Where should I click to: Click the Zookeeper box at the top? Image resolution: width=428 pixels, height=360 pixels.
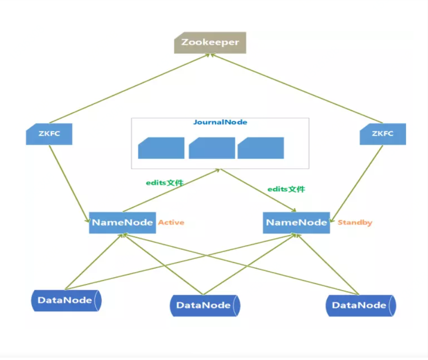pos(210,43)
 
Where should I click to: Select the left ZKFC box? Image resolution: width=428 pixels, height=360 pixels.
pos(49,134)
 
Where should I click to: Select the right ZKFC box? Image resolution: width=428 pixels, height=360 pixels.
pos(383,134)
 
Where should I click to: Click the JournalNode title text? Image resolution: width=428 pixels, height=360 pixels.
pos(220,122)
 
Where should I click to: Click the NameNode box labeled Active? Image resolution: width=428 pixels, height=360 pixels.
pos(122,222)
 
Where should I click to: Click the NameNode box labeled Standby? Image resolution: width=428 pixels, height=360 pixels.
pos(296,222)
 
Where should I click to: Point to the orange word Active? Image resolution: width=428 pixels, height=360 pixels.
pos(171,222)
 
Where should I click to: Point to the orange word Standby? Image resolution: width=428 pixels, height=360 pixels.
pos(355,222)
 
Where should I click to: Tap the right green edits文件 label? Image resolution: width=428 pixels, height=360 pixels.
pos(286,189)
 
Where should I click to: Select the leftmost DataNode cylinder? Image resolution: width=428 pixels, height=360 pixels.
pos(66,300)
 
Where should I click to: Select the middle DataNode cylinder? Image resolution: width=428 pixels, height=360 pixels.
pos(205,305)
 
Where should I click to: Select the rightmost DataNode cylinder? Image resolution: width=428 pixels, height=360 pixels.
pos(360,305)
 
